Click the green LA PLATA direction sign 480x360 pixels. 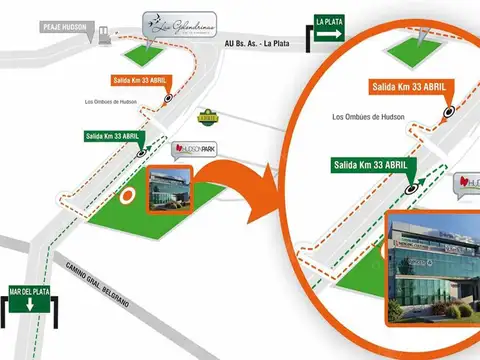330,29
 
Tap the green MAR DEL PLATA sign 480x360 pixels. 27,297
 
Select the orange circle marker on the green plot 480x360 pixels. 126,197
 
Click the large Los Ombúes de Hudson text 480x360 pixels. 373,118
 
